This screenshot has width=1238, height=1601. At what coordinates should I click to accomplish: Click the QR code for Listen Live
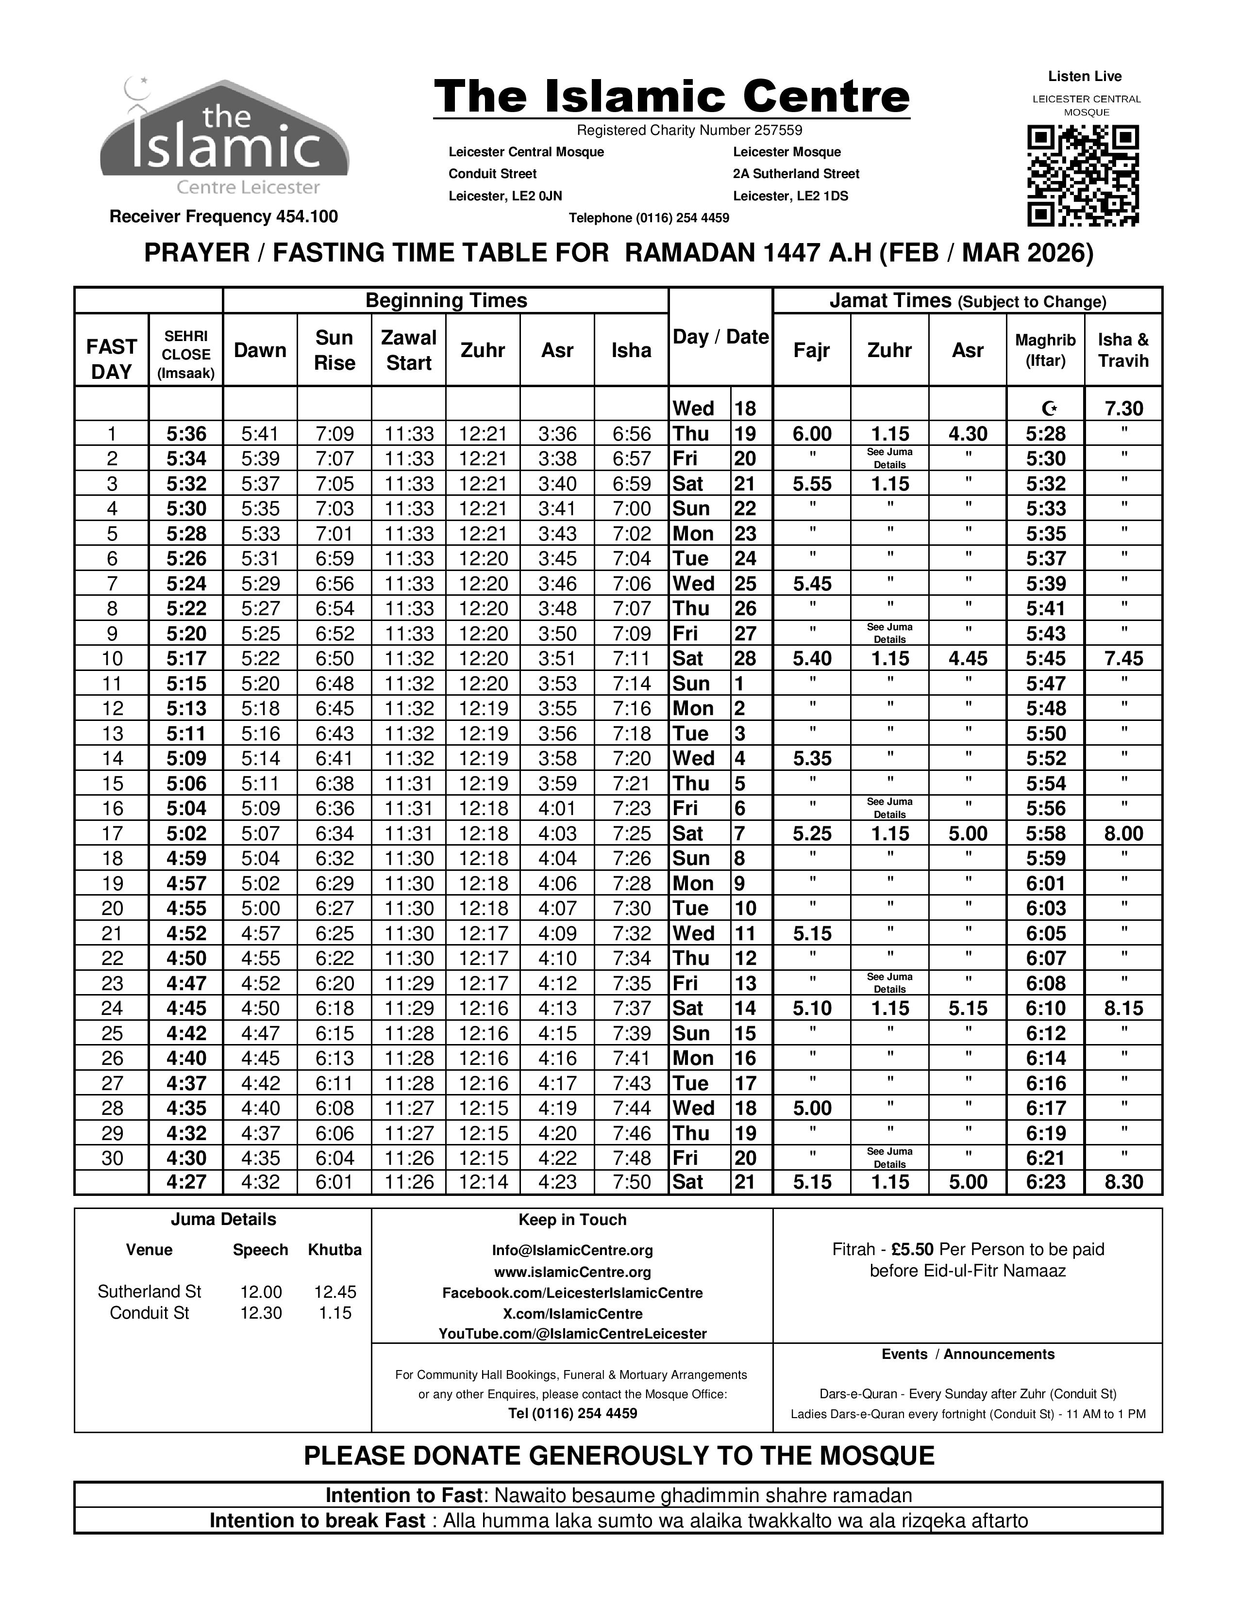1083,176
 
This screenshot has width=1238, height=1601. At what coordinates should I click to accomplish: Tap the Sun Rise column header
335,350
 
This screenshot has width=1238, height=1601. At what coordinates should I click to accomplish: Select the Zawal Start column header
408,350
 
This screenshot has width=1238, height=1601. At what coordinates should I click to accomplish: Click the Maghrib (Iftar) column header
1045,350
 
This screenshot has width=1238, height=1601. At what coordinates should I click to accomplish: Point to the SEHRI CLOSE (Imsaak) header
185,355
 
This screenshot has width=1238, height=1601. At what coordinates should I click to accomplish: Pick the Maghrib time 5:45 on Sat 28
1045,659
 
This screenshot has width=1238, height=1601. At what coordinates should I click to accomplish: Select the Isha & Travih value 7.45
1123,659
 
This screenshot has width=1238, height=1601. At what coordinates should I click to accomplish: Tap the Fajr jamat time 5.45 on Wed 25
812,584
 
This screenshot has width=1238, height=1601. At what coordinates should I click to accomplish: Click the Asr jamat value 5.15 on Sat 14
968,1009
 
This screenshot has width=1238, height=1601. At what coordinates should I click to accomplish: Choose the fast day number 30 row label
112,1158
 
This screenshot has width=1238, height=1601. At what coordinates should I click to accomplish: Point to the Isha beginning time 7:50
632,1182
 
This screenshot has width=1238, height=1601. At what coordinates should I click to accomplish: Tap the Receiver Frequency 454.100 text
224,217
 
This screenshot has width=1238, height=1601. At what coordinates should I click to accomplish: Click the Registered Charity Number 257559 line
689,131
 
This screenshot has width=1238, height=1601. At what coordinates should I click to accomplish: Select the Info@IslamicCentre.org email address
572,1250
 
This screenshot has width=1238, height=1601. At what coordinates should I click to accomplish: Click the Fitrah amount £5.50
912,1249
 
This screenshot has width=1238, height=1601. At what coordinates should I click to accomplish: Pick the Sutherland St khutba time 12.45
335,1291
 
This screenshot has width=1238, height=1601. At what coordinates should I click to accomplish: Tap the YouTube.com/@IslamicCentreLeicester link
572,1333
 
